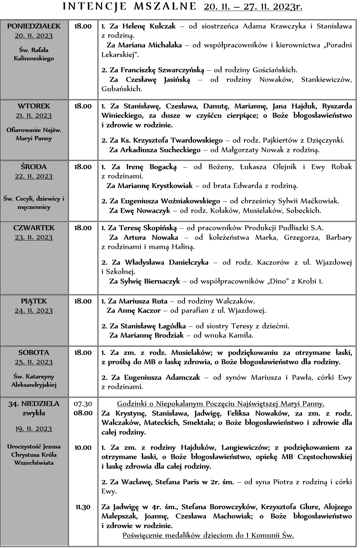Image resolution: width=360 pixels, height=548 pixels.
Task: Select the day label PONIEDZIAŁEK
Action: [34, 26]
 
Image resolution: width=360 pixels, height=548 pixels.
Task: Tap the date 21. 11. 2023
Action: [34, 116]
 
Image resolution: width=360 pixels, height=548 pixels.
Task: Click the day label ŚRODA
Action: [34, 167]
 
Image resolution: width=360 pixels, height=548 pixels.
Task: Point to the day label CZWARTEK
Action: [34, 228]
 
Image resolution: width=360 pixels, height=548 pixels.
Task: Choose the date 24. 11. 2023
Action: [34, 311]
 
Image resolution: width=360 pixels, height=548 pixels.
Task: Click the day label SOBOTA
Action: [34, 353]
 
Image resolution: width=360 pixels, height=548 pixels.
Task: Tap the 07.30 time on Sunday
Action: [83, 404]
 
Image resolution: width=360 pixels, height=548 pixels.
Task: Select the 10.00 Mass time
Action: [83, 448]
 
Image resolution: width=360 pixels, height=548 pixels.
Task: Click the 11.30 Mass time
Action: [83, 507]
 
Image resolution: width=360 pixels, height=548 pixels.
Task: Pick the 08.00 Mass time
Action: [83, 413]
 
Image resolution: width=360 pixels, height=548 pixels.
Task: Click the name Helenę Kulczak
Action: [149, 26]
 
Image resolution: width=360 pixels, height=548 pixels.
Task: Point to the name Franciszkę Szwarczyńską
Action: [162, 70]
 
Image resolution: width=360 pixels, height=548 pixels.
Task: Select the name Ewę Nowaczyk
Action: [145, 210]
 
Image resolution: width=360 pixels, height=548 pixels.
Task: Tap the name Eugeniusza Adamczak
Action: [162, 377]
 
